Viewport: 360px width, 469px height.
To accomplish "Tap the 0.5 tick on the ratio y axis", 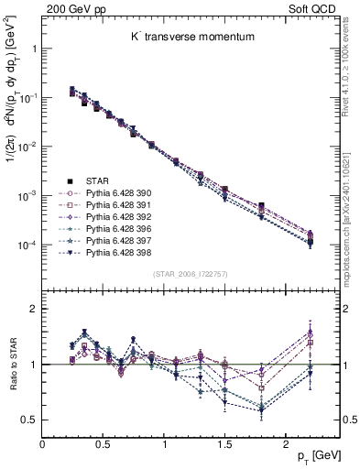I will [x=28, y=420].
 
